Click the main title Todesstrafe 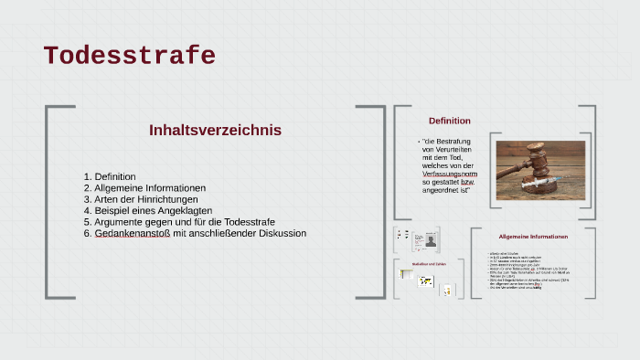click(129, 57)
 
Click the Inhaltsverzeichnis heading click(215, 131)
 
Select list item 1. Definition click(110, 176)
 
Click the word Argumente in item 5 click(119, 222)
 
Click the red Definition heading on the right click(450, 121)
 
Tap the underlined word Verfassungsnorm click(450, 173)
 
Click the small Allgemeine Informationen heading click(533, 237)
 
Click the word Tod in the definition click(456, 157)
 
